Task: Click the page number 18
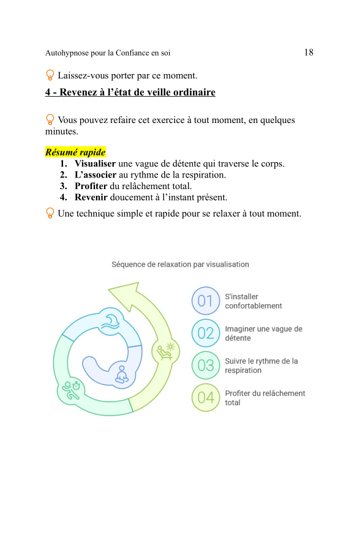point(309,53)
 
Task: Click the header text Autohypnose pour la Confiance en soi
point(108,53)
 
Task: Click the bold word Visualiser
point(95,164)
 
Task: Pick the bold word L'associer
point(96,175)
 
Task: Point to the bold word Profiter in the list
point(91,186)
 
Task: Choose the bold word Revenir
point(91,197)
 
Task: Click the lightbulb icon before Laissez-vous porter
point(50,76)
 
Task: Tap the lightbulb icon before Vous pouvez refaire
point(50,120)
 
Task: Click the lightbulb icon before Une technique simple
point(50,214)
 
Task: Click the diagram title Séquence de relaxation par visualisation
point(180,264)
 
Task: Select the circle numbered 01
point(206,301)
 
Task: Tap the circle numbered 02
point(206,334)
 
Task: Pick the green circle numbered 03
point(206,366)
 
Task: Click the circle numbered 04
point(206,398)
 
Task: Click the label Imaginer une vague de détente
point(263,334)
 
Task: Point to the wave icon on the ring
point(112,321)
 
